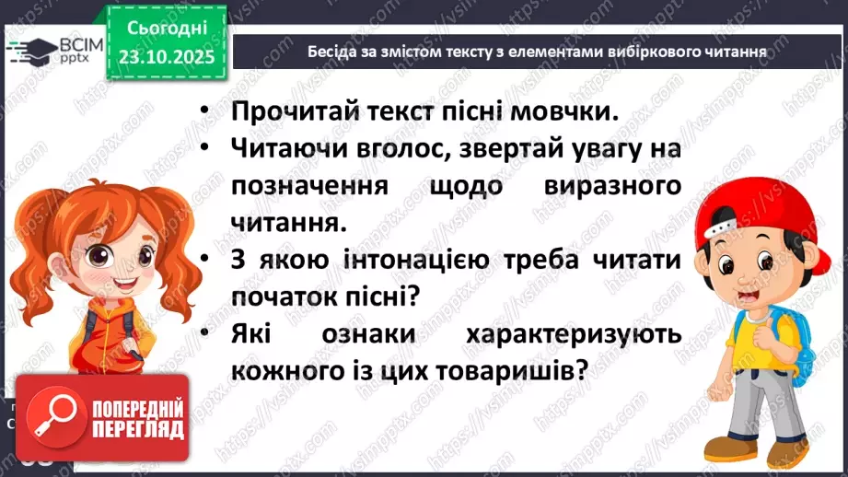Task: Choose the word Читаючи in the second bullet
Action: [288, 147]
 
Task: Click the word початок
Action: [282, 297]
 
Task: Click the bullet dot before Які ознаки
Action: [207, 335]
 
